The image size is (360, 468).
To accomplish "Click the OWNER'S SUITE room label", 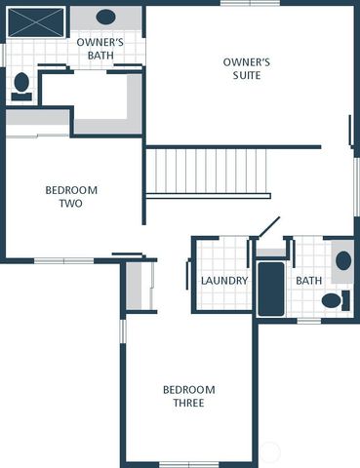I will (246, 68).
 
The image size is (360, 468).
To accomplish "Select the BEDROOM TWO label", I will (70, 197).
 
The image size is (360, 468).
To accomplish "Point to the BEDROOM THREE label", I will (188, 396).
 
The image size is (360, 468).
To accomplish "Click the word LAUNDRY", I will (223, 281).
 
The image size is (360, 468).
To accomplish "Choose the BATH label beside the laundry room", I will (308, 281).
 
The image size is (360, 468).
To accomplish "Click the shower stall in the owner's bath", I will (36, 21).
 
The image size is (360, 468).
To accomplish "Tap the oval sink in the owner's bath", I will (105, 17).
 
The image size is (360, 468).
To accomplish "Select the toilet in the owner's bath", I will (21, 85).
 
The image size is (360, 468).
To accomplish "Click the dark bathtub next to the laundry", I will (270, 289).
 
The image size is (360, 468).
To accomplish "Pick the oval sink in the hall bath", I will (342, 260).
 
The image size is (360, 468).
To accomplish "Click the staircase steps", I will (207, 172).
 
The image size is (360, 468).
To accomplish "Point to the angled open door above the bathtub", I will (269, 226).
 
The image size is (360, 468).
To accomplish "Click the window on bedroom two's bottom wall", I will (64, 260).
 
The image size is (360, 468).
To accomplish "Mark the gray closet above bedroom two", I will (37, 122).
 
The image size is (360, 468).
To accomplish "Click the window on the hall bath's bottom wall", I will (309, 320).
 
